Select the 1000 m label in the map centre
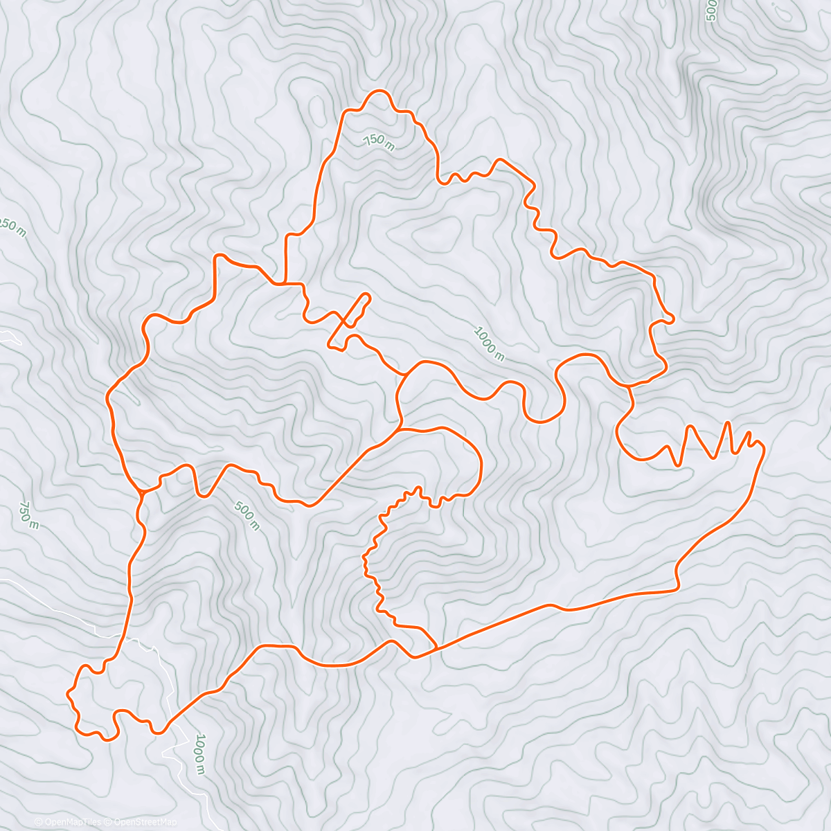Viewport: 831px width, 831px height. click(x=488, y=343)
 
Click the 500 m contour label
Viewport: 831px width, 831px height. click(x=247, y=515)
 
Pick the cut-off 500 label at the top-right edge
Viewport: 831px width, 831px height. click(x=711, y=11)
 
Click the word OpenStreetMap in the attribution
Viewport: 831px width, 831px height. click(x=145, y=822)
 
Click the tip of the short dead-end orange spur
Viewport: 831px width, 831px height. click(x=368, y=296)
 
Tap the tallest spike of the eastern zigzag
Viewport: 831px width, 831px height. click(x=727, y=422)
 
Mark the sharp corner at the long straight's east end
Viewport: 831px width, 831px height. click(x=677, y=589)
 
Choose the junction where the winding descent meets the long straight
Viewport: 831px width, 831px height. click(x=436, y=647)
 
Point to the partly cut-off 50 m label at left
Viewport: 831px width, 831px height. click(x=13, y=227)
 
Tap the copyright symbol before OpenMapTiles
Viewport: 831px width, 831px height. click(x=39, y=822)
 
